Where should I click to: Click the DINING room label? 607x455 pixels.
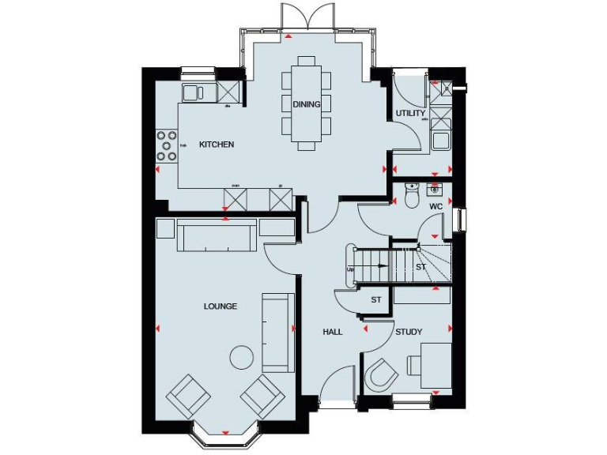point(306,104)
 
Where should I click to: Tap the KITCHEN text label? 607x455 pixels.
point(216,145)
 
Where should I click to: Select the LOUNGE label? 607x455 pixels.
point(220,306)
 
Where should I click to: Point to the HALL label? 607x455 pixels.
point(333,332)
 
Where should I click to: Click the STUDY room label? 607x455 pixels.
point(409,332)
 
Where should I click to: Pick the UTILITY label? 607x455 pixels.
point(410,113)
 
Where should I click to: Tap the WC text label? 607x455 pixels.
point(435,206)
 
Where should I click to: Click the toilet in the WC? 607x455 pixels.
point(411,196)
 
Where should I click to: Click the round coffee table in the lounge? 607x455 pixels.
point(242,357)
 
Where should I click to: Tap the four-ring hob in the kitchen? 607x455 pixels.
point(167,145)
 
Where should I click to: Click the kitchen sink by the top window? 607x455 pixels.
point(194,92)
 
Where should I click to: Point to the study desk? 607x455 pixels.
point(435,365)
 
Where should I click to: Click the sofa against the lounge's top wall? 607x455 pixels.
point(216,236)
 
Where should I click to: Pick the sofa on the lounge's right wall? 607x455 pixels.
point(278,332)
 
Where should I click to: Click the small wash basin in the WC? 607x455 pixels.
point(435,190)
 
